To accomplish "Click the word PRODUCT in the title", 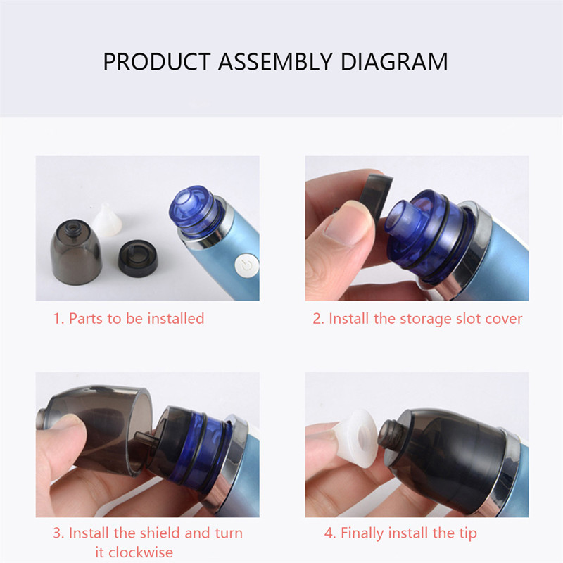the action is pos(157,62).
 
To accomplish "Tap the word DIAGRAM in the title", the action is pos(394,62).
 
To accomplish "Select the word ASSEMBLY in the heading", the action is pos(275,62).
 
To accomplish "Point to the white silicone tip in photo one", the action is pos(106,220).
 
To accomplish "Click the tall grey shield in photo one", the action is pos(75,252).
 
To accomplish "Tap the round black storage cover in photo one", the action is pos(138,258).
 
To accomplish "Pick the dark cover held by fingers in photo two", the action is pos(376,198).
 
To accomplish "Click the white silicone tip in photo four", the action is pos(357,438).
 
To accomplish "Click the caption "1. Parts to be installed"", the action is pos(129,319).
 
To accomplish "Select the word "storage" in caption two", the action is pos(426,319).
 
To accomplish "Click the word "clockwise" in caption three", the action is pos(134,552).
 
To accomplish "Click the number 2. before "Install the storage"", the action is pos(319,319).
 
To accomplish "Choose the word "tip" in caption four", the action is pos(468,533).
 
